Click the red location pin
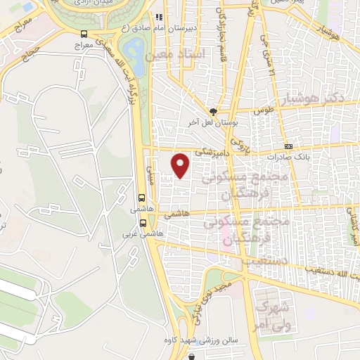click(181, 165)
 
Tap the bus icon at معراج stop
click(84, 33)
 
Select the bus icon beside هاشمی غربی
click(143, 224)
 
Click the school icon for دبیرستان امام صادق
click(160, 16)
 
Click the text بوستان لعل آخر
click(210, 122)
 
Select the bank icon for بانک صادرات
click(288, 146)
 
